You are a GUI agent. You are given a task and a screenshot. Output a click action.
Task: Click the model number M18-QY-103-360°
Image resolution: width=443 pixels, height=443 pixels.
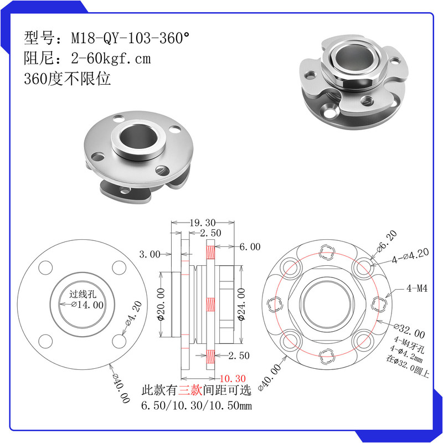(x=130, y=38)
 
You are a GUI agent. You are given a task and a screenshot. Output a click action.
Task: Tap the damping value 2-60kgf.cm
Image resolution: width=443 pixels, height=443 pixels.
(x=111, y=59)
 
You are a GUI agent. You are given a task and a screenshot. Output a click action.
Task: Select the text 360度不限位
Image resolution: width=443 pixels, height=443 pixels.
(x=67, y=79)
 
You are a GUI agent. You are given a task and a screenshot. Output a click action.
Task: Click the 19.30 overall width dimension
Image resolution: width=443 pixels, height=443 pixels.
(x=202, y=223)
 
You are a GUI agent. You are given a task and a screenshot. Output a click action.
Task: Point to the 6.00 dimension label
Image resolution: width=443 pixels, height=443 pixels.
(x=250, y=246)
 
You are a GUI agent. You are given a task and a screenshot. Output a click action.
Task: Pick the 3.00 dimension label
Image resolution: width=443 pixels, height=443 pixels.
(x=150, y=254)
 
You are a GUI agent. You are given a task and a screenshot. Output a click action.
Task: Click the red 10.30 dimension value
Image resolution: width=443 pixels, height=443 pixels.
(x=233, y=378)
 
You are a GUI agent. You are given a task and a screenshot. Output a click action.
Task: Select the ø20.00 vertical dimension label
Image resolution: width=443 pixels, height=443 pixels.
(x=161, y=305)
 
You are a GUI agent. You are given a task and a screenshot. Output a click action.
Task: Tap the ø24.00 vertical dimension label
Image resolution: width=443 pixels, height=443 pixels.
(x=241, y=305)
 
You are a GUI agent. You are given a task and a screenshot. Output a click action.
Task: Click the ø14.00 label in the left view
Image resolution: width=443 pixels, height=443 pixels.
(x=87, y=305)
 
